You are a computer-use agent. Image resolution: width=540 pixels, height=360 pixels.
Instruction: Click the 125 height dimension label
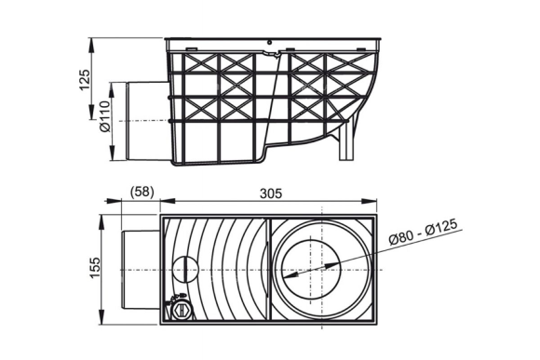pos(85,80)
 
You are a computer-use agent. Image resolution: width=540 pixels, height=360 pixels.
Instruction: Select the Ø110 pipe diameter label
pos(104,116)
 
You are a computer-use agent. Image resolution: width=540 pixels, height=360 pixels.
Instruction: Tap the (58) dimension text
pos(142,192)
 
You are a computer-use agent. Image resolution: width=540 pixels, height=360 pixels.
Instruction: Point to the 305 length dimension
pos(271,193)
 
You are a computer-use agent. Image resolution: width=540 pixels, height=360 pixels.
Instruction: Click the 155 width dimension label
pos(94,268)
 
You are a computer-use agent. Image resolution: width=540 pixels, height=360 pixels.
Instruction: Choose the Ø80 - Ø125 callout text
pos(424,232)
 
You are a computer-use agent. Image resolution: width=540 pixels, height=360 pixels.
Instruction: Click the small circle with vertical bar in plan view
pos(185,269)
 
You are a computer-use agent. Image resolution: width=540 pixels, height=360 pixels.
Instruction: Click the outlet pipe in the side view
pos(148,121)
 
